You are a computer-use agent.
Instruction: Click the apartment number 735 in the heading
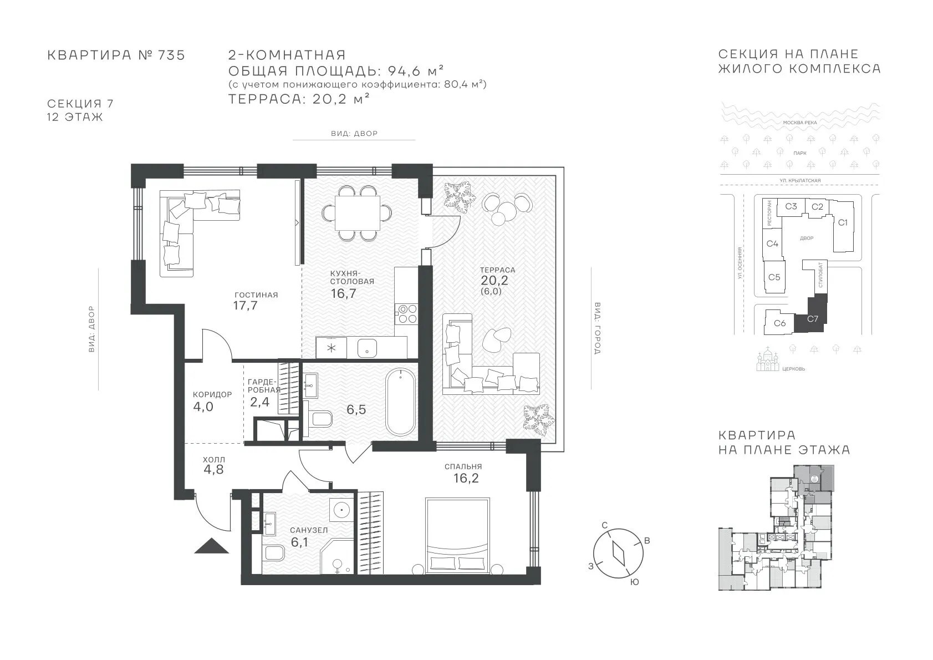171,55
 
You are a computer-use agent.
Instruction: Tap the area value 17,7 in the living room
246,306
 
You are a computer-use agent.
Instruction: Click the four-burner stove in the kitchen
406,314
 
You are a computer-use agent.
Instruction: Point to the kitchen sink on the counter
367,348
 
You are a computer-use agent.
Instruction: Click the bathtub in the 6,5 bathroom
400,403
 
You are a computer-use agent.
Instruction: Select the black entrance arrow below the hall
212,546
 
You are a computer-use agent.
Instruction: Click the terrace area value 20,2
494,281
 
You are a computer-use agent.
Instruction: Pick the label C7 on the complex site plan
813,319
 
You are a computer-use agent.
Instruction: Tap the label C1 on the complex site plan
843,223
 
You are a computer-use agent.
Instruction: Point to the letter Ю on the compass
634,582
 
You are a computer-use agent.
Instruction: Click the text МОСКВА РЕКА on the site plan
800,123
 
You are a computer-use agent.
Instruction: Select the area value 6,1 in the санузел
299,542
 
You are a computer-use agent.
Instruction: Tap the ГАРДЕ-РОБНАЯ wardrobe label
263,386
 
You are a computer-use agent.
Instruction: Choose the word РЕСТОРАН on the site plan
769,214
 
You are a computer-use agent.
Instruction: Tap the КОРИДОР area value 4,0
203,407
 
